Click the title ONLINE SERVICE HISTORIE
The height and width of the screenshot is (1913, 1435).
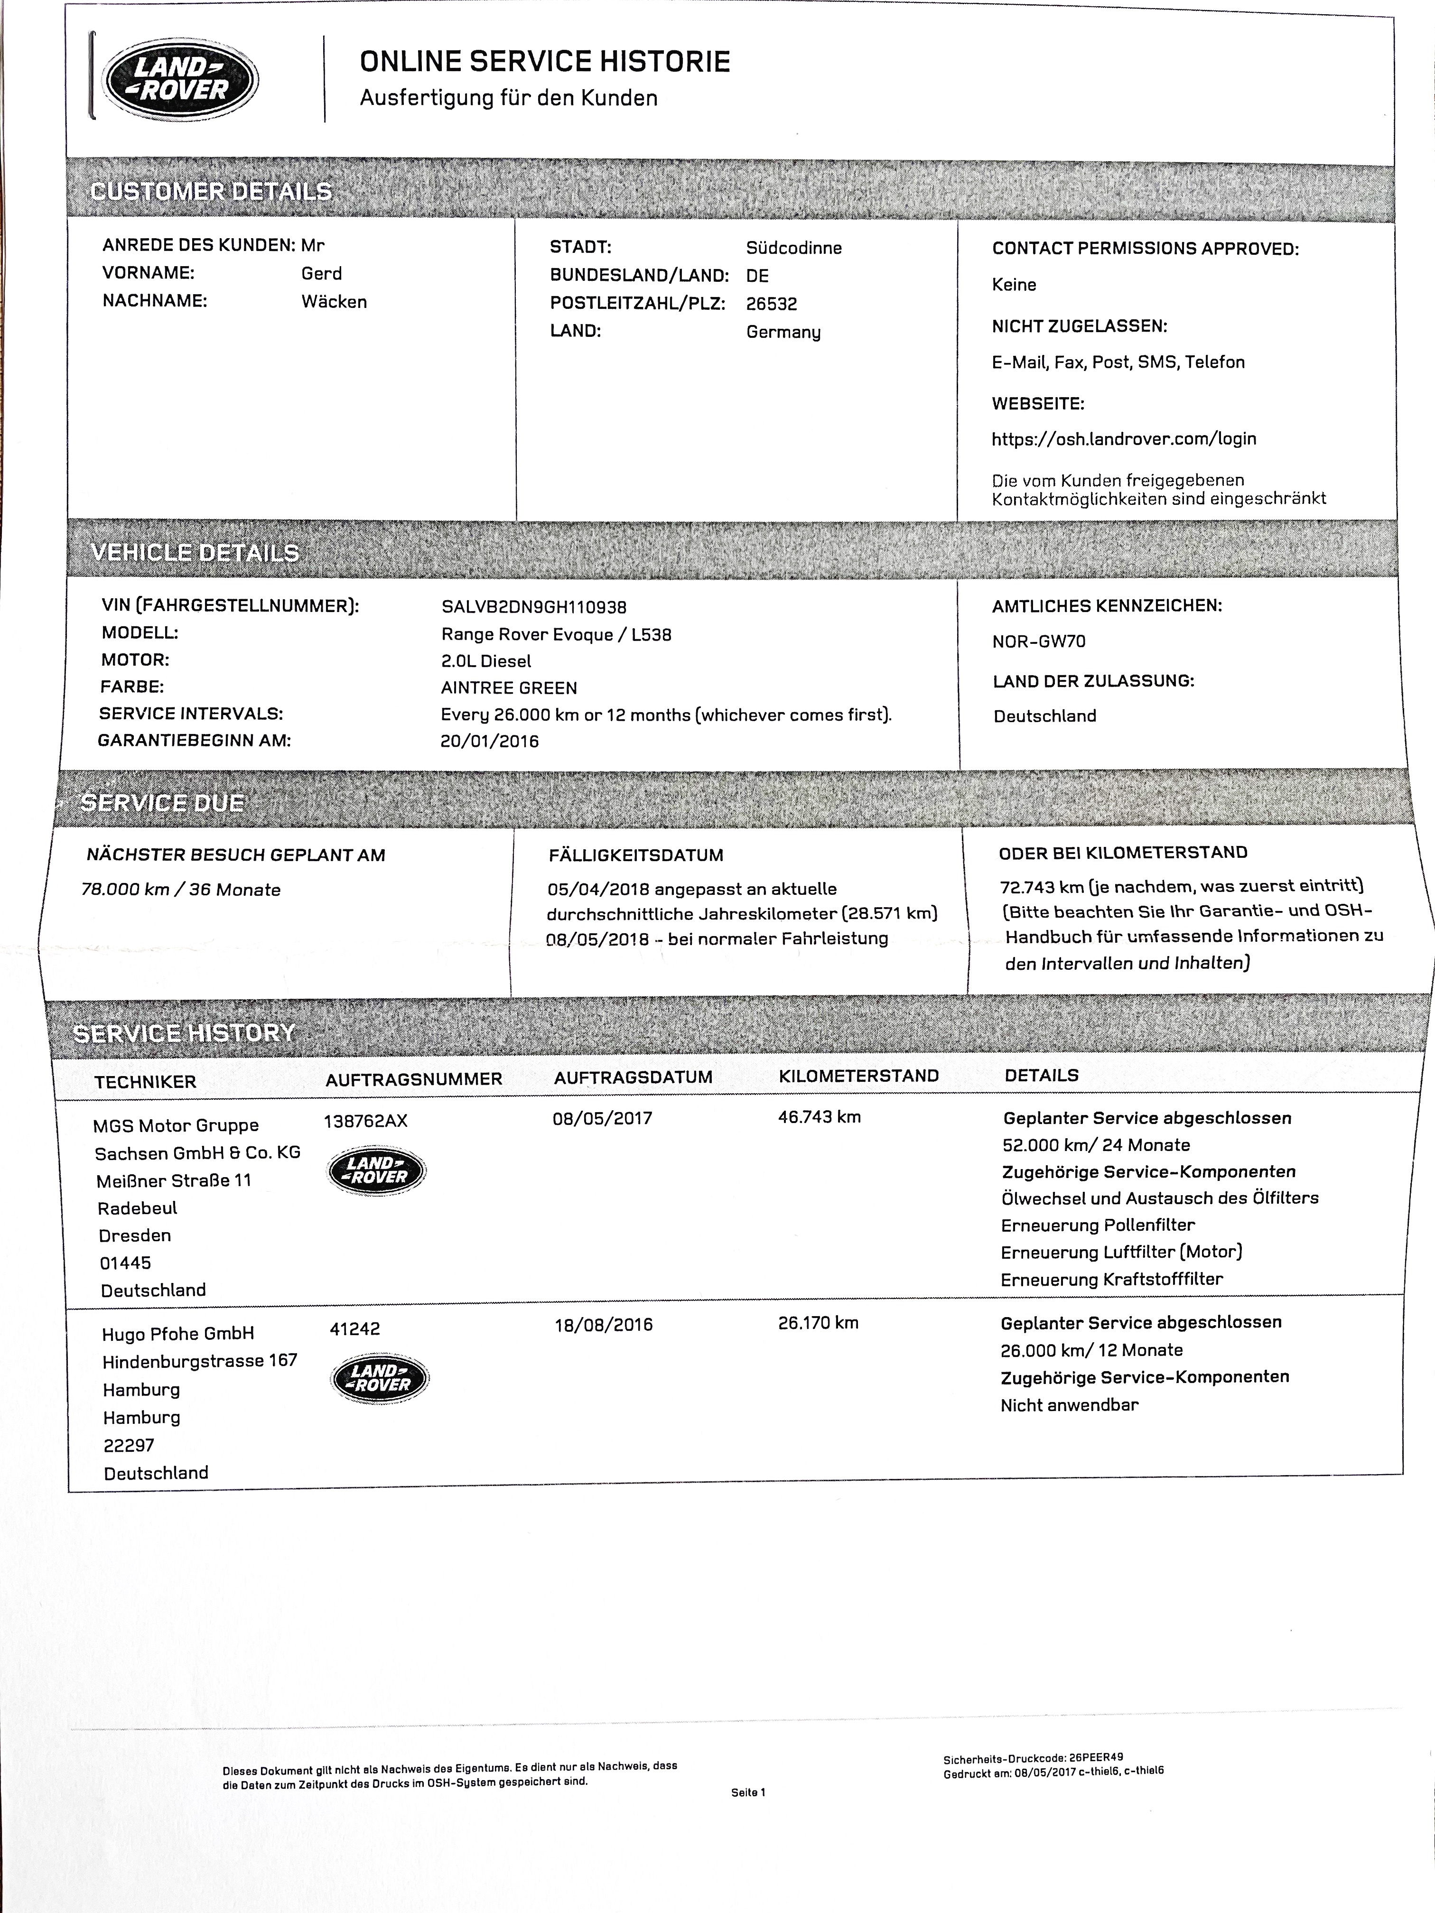pos(545,61)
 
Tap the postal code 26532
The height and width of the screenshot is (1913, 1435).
pos(772,304)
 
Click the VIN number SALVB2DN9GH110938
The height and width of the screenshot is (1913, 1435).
pos(534,607)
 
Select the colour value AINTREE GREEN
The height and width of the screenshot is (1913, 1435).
pos(509,687)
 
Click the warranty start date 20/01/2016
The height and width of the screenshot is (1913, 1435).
pos(490,741)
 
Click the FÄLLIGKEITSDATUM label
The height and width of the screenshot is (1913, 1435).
pos(636,855)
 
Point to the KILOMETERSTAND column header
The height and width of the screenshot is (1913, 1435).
pos(858,1076)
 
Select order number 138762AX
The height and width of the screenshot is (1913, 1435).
pos(365,1121)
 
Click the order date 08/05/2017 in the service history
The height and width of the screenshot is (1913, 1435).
pos(602,1118)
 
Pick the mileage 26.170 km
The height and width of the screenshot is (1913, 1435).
pos(818,1322)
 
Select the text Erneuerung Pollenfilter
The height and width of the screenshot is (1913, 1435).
pos(1098,1225)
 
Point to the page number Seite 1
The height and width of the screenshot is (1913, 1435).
pos(748,1793)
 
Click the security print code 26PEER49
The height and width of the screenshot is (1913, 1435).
pos(1096,1757)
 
